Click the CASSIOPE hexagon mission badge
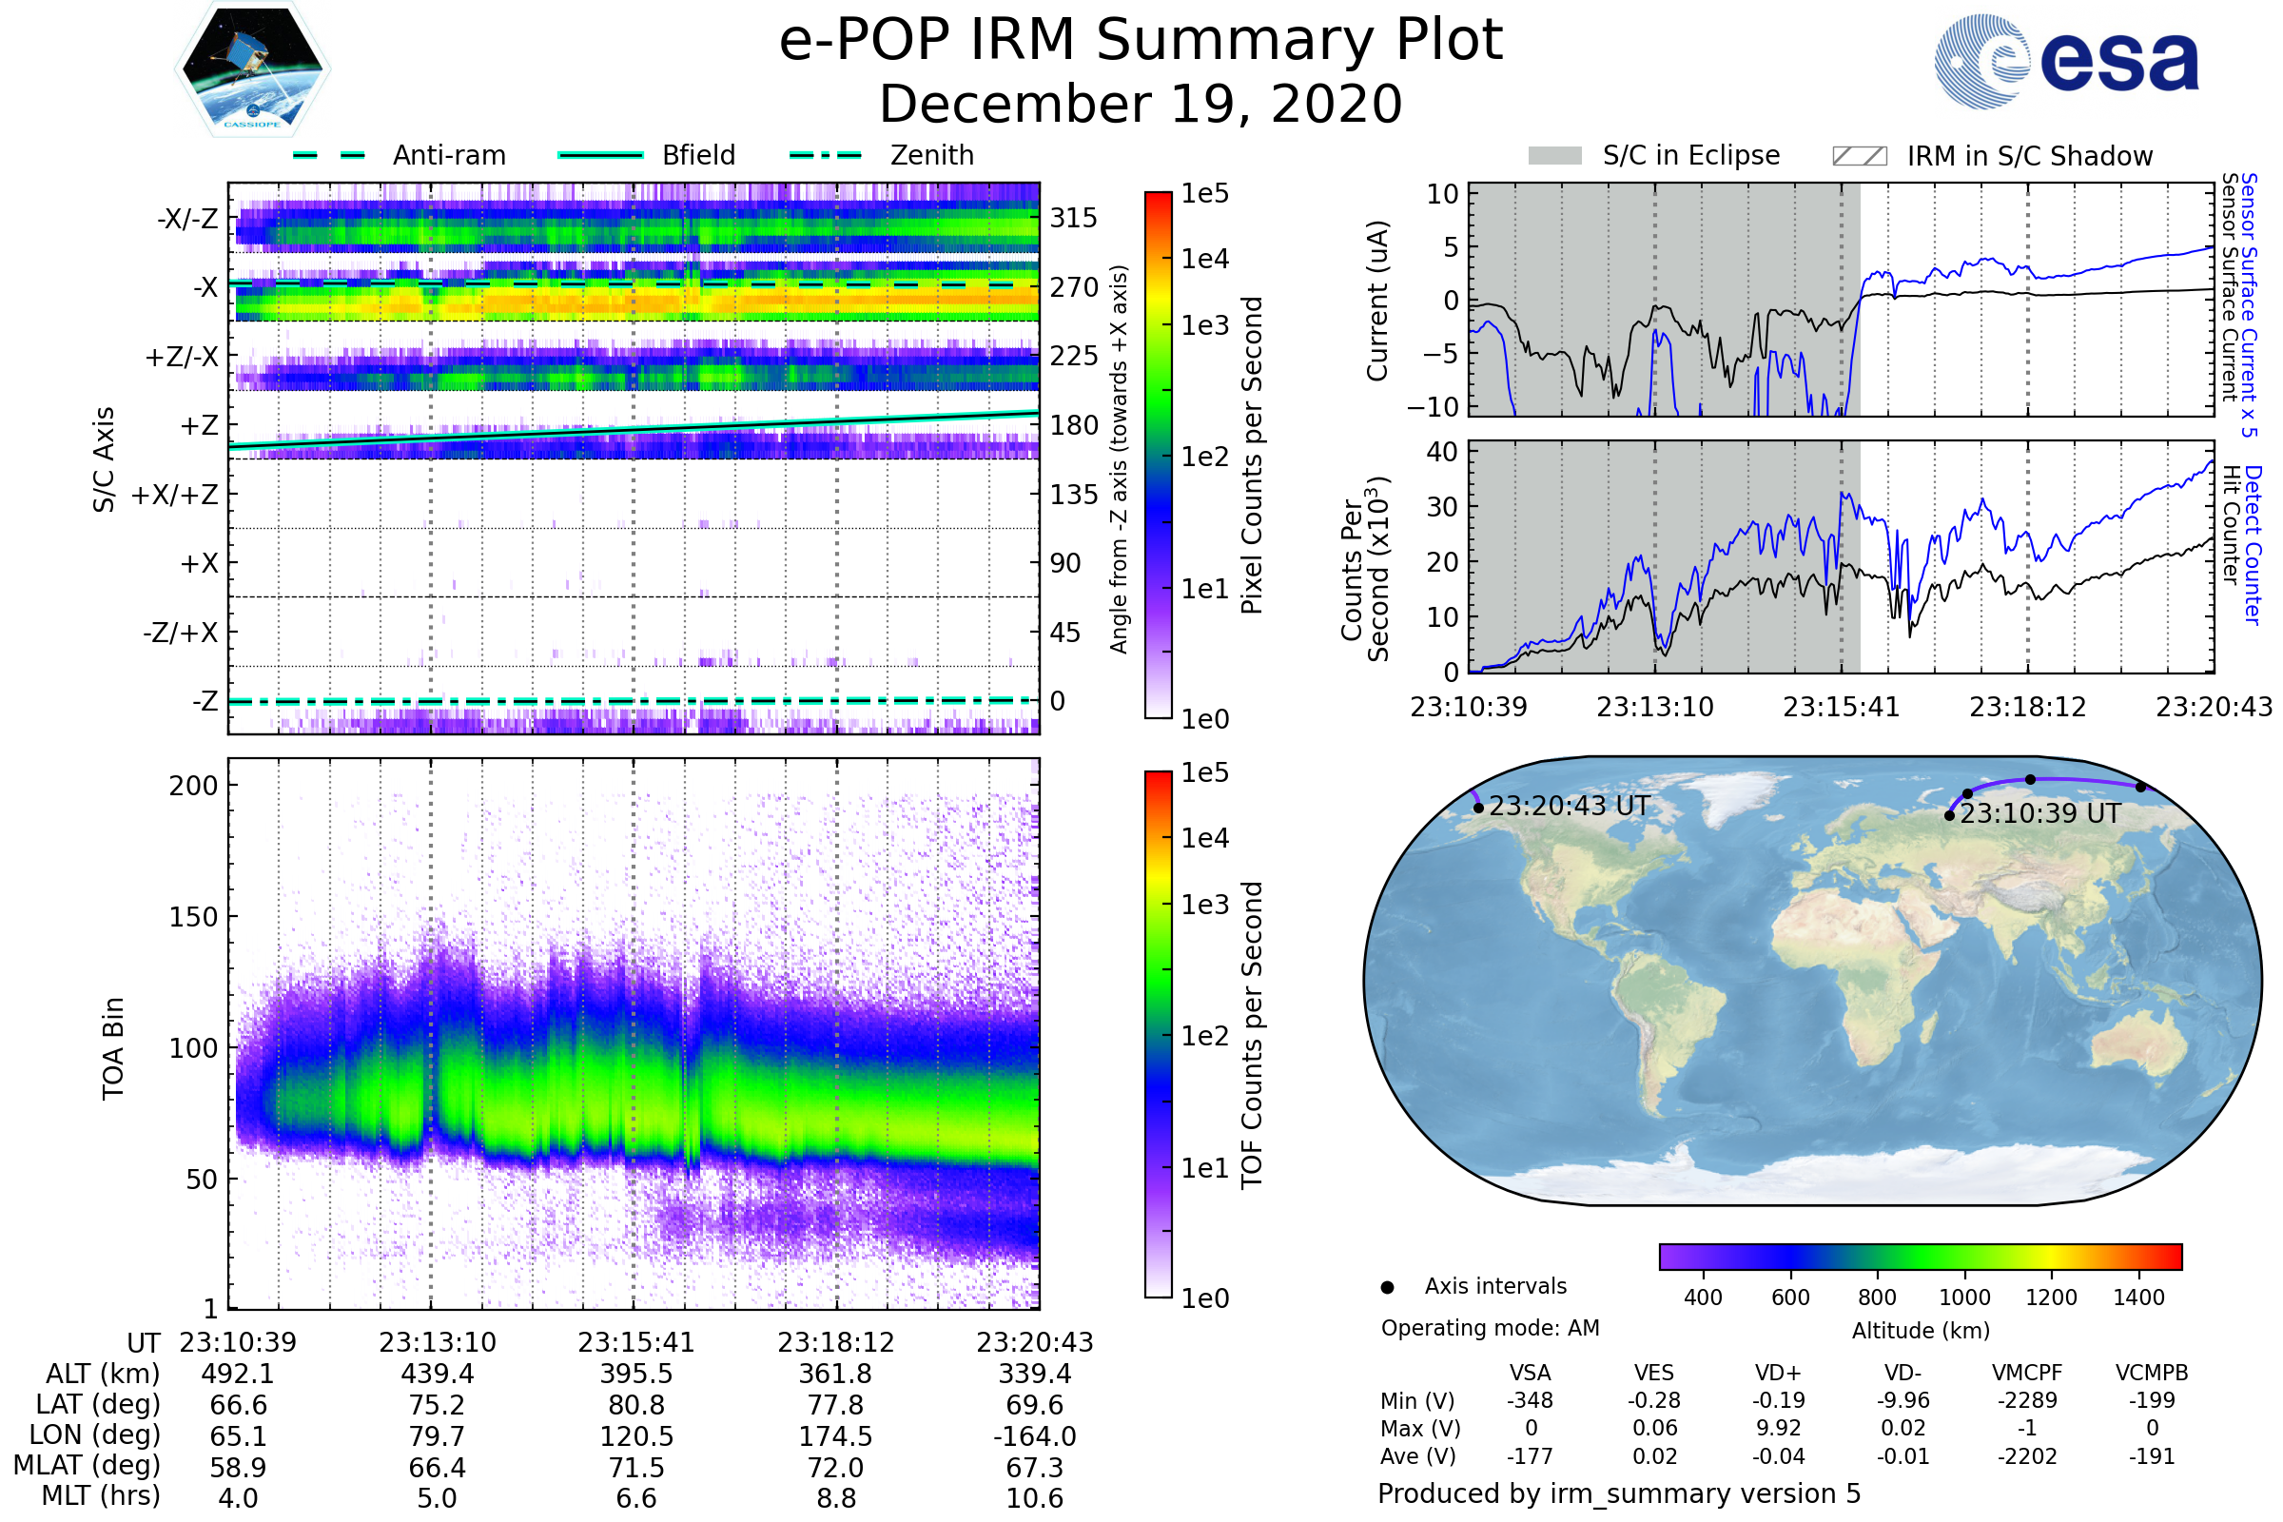click(x=252, y=68)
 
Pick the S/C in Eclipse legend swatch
click(x=1554, y=155)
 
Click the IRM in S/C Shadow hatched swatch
click(x=1859, y=156)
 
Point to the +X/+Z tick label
click(x=175, y=495)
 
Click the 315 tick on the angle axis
click(x=1074, y=218)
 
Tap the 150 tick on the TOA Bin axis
click(x=193, y=917)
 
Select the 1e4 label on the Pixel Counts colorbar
click(x=1204, y=259)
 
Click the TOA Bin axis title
click(x=112, y=1048)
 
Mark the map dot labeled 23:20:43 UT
click(x=1478, y=808)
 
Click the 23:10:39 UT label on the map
click(x=2039, y=813)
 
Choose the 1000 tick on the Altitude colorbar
click(x=1963, y=1298)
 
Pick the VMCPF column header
click(x=2027, y=1374)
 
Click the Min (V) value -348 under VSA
click(x=1530, y=1400)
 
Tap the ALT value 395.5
click(x=635, y=1375)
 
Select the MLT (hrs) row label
click(x=100, y=1495)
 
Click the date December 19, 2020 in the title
click(x=1141, y=104)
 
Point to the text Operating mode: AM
click(x=1490, y=1328)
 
